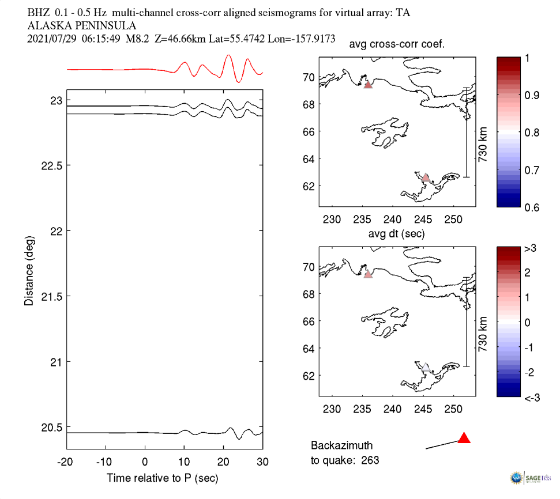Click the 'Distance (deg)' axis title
[29, 270]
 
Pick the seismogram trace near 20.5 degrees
[161, 432]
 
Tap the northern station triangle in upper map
[368, 84]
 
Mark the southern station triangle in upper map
[426, 177]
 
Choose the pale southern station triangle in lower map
[426, 367]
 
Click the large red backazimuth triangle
[464, 438]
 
